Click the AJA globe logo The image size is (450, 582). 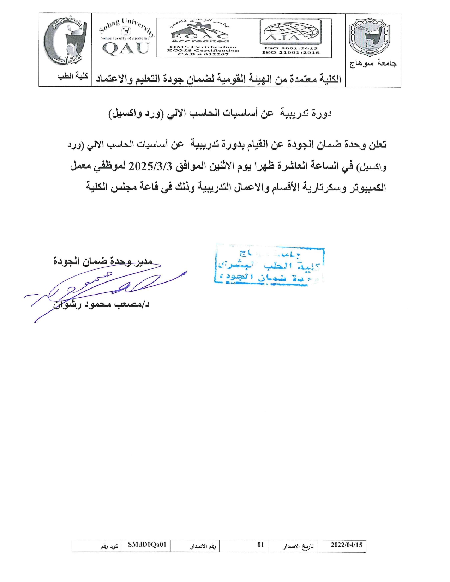(x=290, y=32)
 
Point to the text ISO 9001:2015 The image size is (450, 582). (x=291, y=48)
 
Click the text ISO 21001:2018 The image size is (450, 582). (x=291, y=53)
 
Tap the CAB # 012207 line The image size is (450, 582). (x=203, y=54)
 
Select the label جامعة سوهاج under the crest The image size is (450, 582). (x=373, y=63)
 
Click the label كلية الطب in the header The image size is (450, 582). (x=72, y=76)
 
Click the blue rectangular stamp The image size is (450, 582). (x=269, y=265)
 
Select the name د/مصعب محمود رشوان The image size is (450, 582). (x=102, y=304)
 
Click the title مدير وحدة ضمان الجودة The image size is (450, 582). (x=103, y=261)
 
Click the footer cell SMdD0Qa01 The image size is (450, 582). (x=146, y=545)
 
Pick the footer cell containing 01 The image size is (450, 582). (x=260, y=545)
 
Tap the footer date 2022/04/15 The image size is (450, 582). (x=346, y=545)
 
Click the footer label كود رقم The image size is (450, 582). (x=109, y=546)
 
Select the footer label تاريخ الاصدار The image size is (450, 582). (x=298, y=546)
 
